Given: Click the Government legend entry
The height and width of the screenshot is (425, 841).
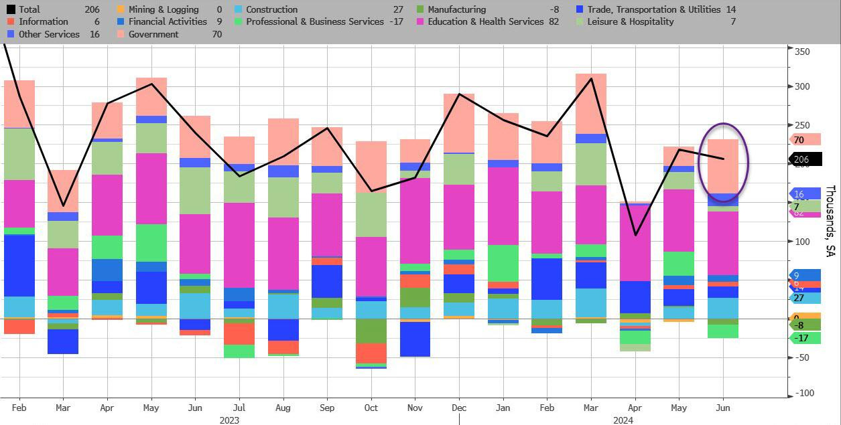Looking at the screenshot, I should click(153, 34).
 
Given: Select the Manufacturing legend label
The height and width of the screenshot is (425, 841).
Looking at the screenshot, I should click(456, 9).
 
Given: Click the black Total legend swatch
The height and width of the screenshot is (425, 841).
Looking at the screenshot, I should click(11, 9).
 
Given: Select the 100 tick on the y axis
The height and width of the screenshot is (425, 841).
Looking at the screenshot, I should click(801, 242).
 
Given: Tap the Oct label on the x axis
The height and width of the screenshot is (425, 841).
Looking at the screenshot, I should click(371, 408).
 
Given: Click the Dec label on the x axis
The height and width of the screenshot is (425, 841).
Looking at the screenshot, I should click(459, 408).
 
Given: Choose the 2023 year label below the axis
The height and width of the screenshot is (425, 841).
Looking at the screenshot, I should click(229, 420).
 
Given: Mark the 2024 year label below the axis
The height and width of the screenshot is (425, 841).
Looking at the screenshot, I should click(623, 420).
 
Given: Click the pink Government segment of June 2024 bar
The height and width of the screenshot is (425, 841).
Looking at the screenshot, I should click(724, 166).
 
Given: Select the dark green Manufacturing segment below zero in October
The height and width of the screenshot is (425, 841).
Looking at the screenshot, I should click(371, 331).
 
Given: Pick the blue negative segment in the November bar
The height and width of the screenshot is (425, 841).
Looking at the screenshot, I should click(415, 339).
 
